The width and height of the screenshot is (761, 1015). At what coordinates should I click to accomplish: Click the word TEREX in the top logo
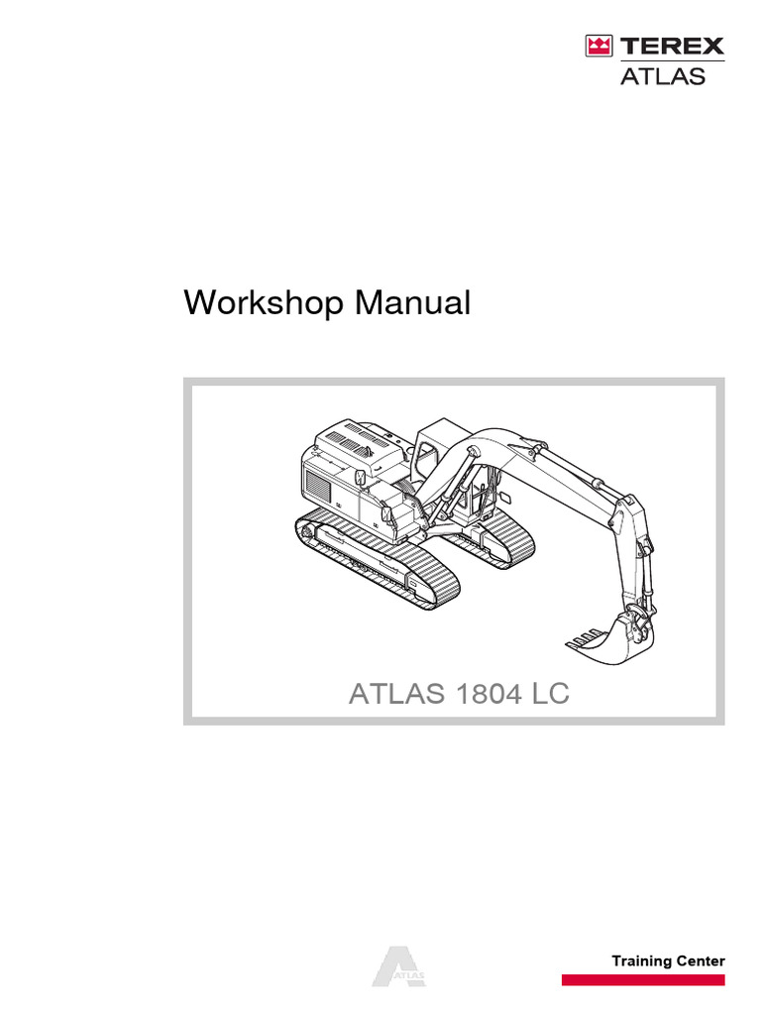[671, 47]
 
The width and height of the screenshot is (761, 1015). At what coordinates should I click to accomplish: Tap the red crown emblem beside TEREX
[598, 47]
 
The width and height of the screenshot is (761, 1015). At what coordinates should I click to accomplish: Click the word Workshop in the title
[261, 303]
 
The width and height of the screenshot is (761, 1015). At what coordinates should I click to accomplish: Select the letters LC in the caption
[550, 695]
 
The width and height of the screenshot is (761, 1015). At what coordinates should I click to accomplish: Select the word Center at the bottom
[702, 961]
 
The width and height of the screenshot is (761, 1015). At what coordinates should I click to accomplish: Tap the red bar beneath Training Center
[643, 980]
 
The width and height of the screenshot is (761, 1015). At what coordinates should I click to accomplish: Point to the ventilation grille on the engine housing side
[319, 487]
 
